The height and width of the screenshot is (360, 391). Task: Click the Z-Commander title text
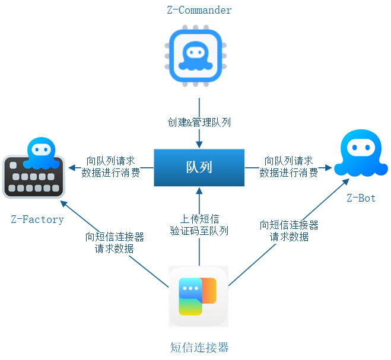[x=199, y=10]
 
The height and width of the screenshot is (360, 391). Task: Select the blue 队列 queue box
[x=199, y=167]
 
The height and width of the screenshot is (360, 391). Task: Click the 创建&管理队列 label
[x=199, y=123]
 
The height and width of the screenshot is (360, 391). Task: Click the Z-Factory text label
[x=37, y=219]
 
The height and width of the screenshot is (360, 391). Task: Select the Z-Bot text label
[x=361, y=198]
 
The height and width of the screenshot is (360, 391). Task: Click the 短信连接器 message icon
[x=199, y=296]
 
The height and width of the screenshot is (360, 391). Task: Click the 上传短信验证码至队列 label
[x=199, y=225]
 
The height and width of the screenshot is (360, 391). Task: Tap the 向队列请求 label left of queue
[x=111, y=167]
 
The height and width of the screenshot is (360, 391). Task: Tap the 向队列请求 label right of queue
[x=289, y=167]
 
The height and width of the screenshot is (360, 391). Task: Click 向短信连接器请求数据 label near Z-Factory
[x=115, y=243]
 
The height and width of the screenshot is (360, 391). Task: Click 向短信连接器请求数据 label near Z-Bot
[x=289, y=231]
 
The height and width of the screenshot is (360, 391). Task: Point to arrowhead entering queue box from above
[x=199, y=145]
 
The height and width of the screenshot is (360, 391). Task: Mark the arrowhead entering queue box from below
[x=199, y=190]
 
